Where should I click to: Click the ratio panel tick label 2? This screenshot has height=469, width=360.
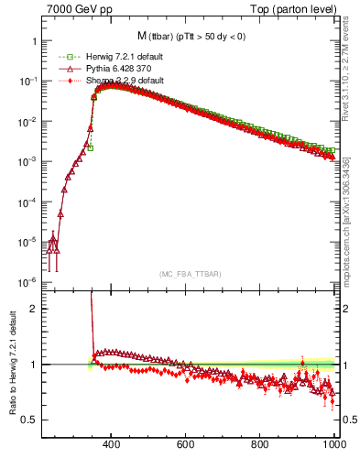[x=33, y=309]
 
